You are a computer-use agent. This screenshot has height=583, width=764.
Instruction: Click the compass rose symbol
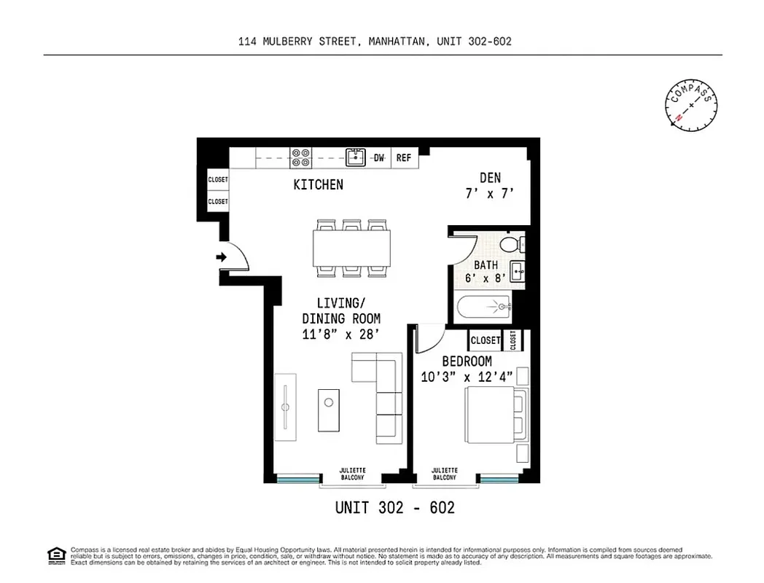690,106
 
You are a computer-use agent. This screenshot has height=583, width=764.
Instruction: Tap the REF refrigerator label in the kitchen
403,157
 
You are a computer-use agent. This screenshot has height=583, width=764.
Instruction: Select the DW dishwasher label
379,157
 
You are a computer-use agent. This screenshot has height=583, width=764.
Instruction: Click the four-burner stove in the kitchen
300,157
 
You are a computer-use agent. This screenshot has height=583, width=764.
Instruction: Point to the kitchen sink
354,157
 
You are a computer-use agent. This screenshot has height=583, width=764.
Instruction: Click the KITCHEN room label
318,185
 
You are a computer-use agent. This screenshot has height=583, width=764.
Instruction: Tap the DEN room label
489,177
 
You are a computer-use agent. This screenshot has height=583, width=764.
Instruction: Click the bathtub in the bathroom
485,308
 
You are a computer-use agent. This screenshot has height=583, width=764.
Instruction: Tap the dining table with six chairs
351,249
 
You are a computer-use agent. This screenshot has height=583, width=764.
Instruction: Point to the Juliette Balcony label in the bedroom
444,474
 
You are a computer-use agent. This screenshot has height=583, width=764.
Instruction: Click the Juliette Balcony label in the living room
353,474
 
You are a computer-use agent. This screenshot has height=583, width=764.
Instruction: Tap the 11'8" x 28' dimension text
341,334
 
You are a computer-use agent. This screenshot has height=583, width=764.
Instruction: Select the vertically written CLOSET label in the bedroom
513,340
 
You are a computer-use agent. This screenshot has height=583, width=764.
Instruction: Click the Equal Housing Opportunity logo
56,555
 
